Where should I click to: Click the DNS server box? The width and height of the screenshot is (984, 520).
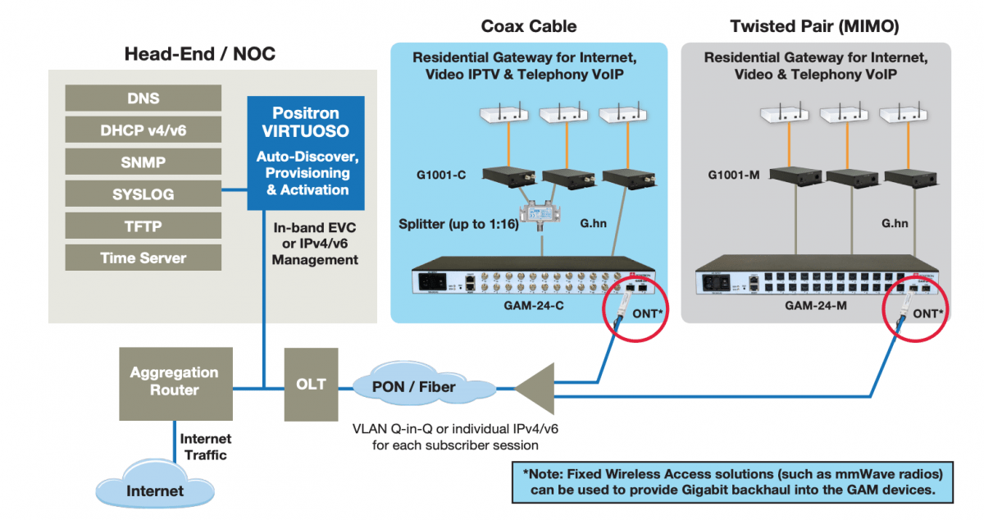point(143,98)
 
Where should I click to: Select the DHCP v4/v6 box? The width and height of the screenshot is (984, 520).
point(143,130)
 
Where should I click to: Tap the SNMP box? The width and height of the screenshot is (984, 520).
point(143,162)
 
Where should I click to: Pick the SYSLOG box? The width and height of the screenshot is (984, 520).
point(143,194)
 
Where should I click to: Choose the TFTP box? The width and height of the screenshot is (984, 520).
point(143,226)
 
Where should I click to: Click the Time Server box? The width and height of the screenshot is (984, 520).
point(143,258)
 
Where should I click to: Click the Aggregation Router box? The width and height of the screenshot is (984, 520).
point(174,381)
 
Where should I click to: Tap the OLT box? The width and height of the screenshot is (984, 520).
point(311,384)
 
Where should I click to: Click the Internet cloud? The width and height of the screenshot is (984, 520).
point(155,490)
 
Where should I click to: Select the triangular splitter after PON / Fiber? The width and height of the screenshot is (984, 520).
point(536,388)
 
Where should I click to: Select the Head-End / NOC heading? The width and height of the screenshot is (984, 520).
point(200,55)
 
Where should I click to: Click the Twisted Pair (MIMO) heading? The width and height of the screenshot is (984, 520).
point(814,26)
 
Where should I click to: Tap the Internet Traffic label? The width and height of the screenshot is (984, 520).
point(206,446)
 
